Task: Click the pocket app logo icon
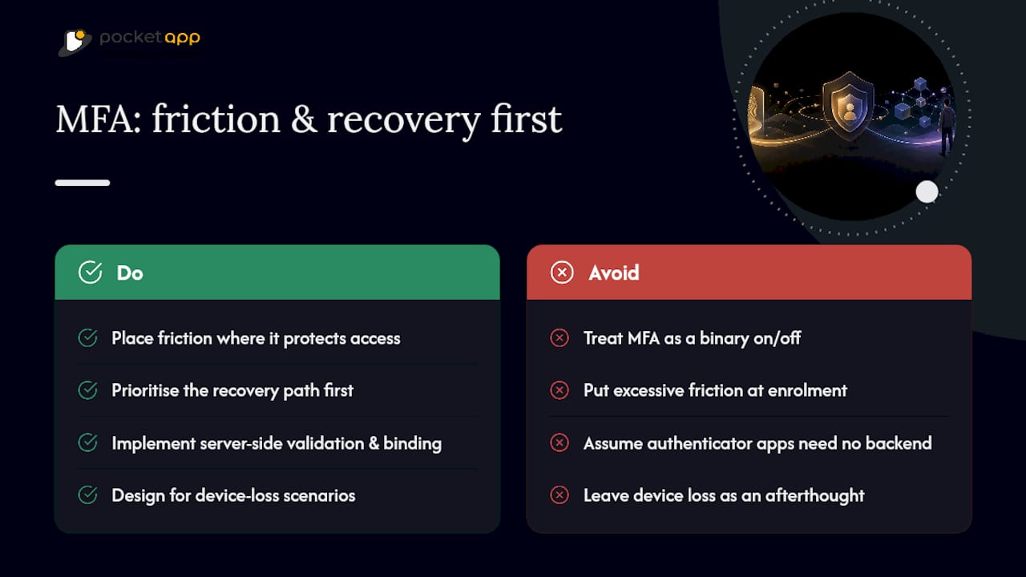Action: (75, 42)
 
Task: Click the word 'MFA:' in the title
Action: (99, 119)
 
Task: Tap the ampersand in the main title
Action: (304, 119)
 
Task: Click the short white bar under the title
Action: (83, 183)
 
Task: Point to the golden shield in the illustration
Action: (849, 107)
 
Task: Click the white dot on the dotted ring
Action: (927, 192)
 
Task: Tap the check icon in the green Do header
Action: (91, 272)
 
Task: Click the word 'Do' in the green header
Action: (130, 273)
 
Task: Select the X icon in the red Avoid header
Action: (562, 272)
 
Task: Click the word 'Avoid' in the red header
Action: (614, 273)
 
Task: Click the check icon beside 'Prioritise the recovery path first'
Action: (87, 390)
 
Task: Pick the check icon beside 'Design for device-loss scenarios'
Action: (87, 495)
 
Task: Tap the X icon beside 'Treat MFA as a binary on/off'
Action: (559, 338)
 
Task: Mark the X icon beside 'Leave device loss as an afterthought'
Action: (559, 495)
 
